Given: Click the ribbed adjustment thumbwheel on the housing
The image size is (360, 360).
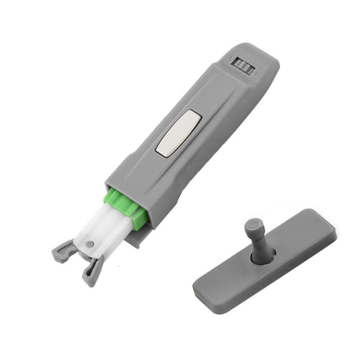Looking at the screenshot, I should pos(243,65).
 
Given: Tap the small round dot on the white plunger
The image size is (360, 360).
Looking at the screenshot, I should pos(90,244).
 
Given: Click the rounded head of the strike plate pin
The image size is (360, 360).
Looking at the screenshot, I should pos(252,224).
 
